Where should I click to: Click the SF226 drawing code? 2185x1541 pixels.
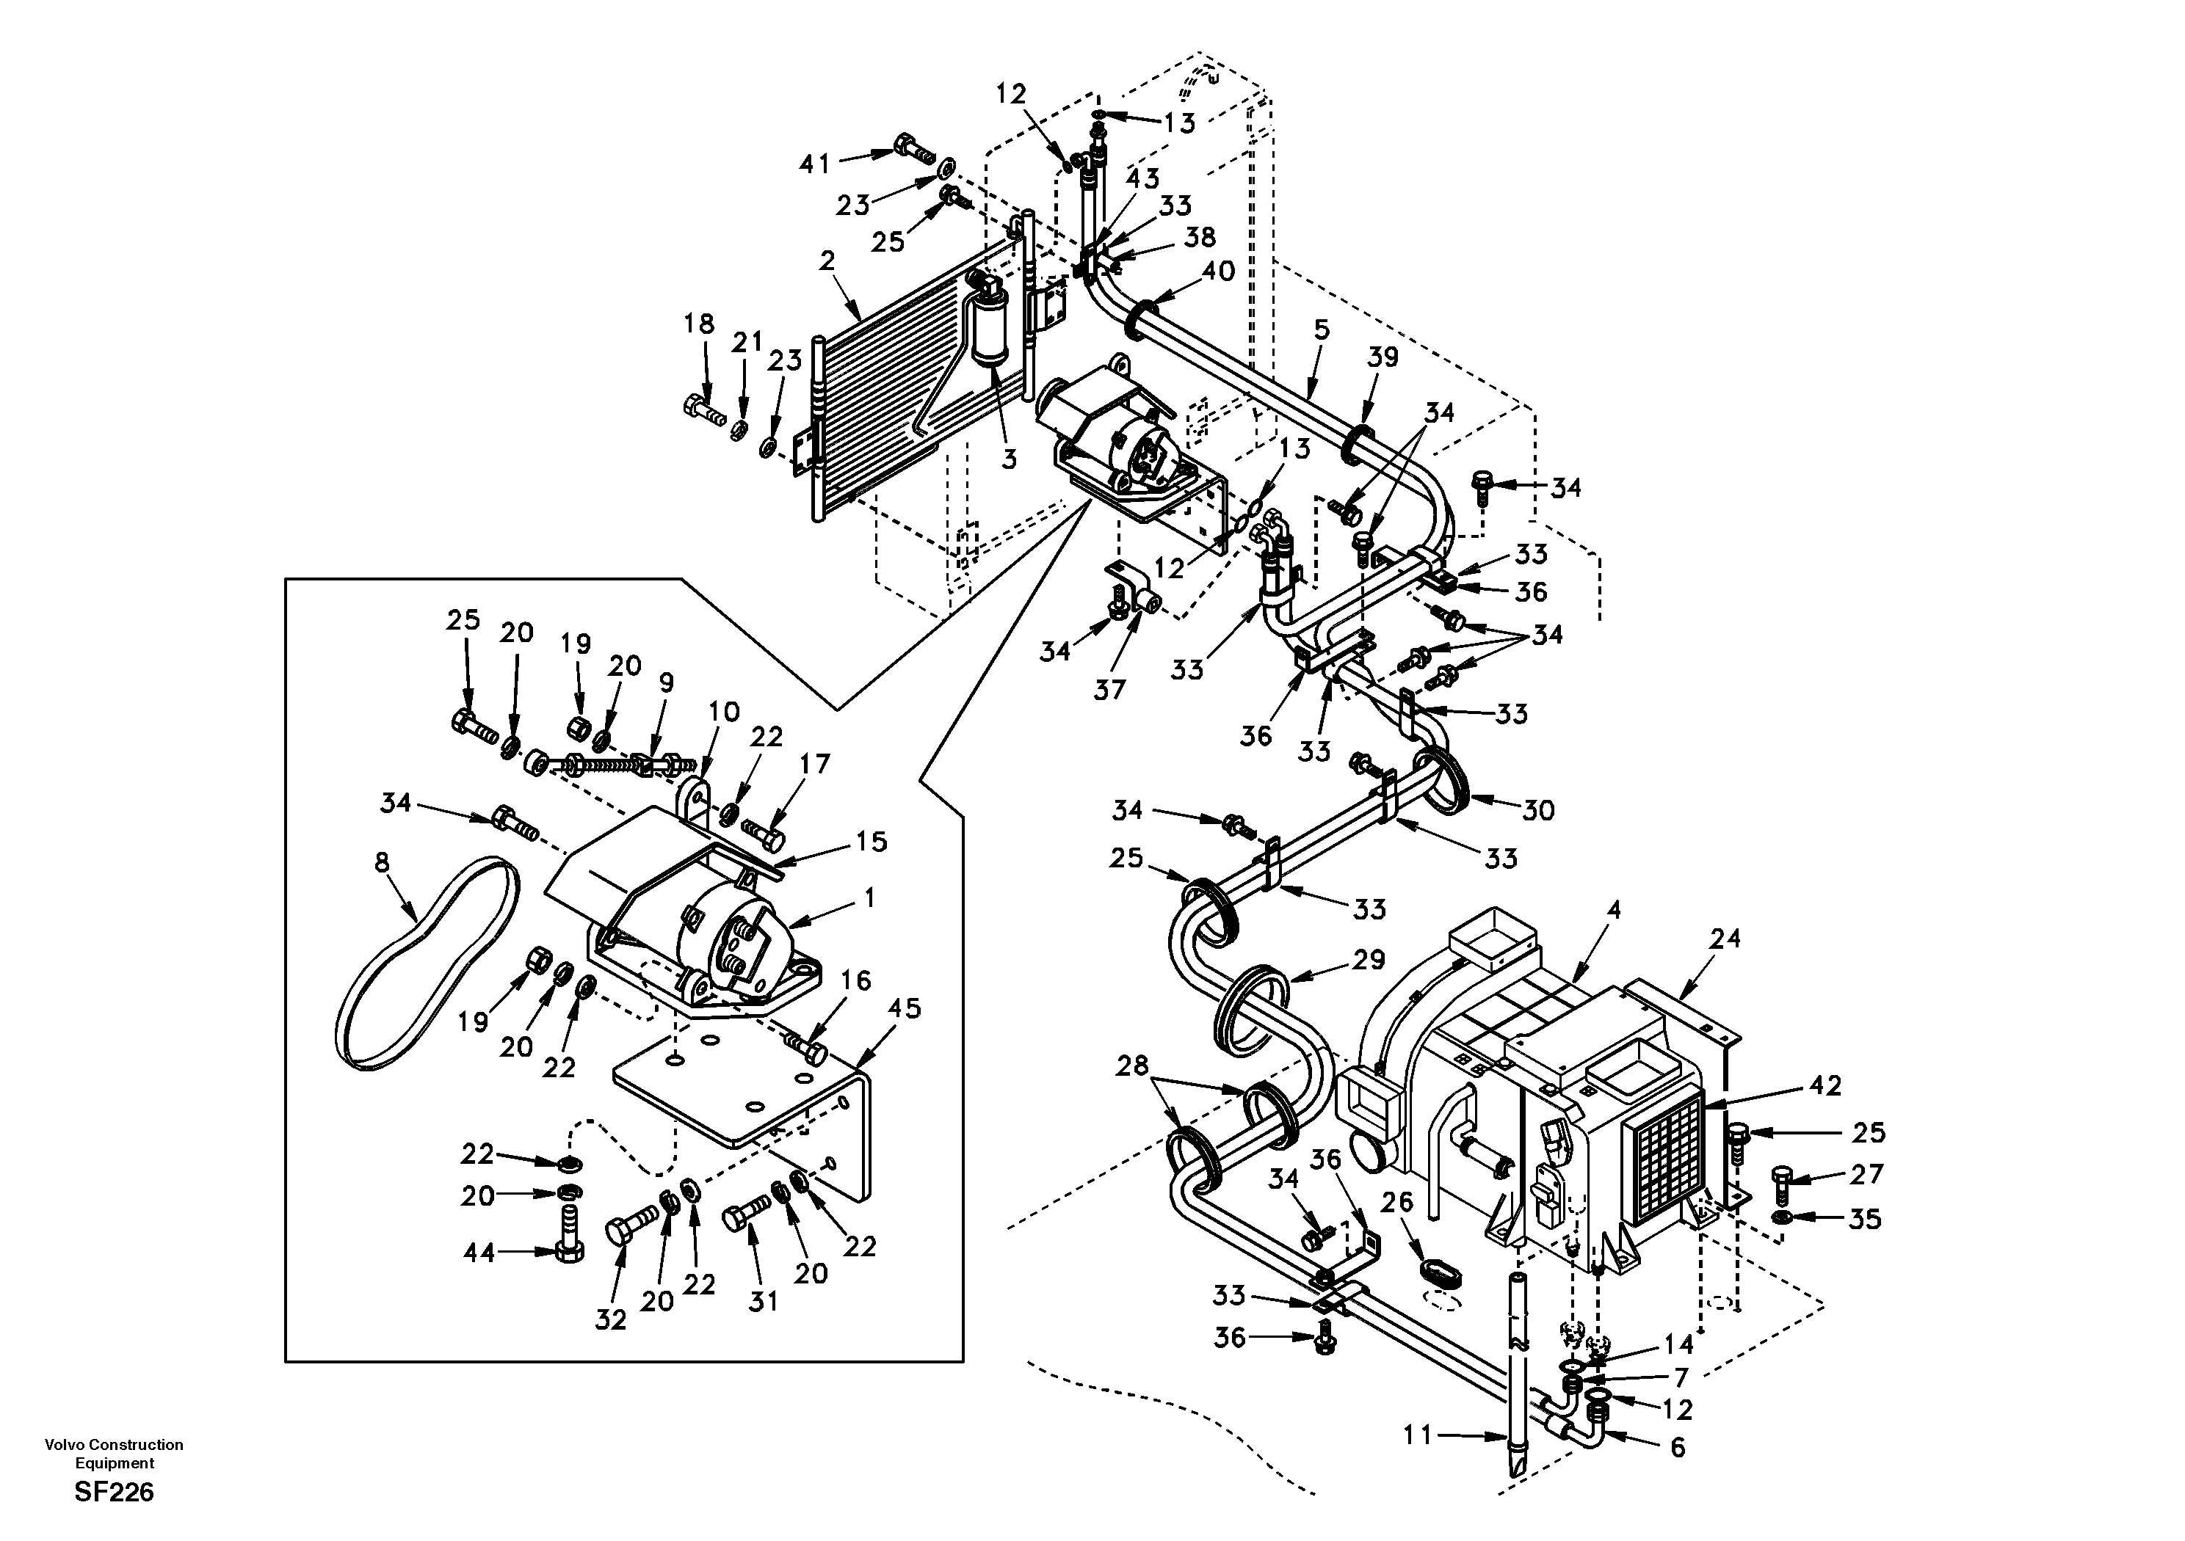coord(115,1493)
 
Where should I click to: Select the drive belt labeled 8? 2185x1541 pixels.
coord(427,966)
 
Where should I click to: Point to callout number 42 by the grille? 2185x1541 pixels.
coord(1825,1085)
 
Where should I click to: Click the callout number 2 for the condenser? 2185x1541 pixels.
coord(826,261)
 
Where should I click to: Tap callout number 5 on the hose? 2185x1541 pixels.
coord(1321,330)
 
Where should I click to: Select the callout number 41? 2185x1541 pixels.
coord(815,164)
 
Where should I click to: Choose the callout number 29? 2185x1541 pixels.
coord(1369,960)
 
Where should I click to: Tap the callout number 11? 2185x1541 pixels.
coord(1418,1435)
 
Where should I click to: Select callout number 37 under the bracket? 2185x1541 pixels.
coord(1109,689)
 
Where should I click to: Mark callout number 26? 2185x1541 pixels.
coord(1397,1203)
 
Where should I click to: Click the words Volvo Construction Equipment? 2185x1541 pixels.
coord(115,1454)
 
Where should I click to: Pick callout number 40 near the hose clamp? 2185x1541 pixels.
coord(1218,271)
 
